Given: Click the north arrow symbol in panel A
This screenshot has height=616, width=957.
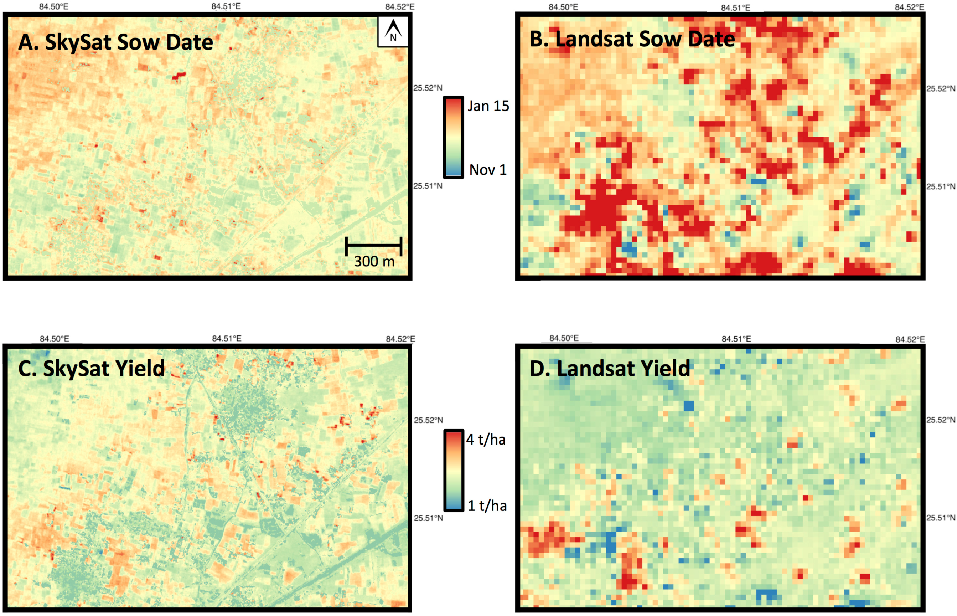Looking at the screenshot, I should pyautogui.click(x=393, y=31).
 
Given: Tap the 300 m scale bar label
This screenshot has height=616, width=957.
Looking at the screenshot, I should pyautogui.click(x=374, y=261).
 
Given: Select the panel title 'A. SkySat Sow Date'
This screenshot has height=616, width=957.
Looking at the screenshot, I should pyautogui.click(x=115, y=42).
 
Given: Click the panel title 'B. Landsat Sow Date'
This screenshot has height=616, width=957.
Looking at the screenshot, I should pyautogui.click(x=632, y=39).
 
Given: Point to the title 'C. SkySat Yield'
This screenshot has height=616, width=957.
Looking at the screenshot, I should pyautogui.click(x=92, y=368).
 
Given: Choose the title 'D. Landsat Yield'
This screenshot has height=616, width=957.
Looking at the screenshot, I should pyautogui.click(x=610, y=368).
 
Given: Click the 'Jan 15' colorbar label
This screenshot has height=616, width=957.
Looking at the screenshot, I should pyautogui.click(x=488, y=106).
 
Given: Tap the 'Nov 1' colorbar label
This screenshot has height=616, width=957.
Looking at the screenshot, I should pyautogui.click(x=488, y=170).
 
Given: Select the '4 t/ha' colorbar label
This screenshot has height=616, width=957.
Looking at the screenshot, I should pyautogui.click(x=486, y=440).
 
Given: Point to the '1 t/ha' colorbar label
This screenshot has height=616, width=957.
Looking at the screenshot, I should pyautogui.click(x=487, y=505).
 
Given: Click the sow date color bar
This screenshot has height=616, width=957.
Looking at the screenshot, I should pyautogui.click(x=453, y=137).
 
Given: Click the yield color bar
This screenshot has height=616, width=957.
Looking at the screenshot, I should pyautogui.click(x=453, y=470).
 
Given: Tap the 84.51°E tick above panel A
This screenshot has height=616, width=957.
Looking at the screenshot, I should pyautogui.click(x=226, y=6).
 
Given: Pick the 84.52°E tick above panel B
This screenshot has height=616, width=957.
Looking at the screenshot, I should pyautogui.click(x=909, y=7).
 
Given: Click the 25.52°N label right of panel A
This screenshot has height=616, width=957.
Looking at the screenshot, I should pyautogui.click(x=427, y=88).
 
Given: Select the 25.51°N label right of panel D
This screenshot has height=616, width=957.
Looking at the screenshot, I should pyautogui.click(x=941, y=518).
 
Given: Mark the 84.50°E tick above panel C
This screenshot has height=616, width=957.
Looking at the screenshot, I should pyautogui.click(x=55, y=339).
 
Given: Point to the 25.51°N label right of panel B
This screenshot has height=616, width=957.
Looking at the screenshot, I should pyautogui.click(x=941, y=186).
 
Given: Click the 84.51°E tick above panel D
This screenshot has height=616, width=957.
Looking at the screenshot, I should pyautogui.click(x=736, y=339).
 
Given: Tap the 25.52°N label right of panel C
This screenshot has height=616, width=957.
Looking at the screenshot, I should pyautogui.click(x=428, y=420).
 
